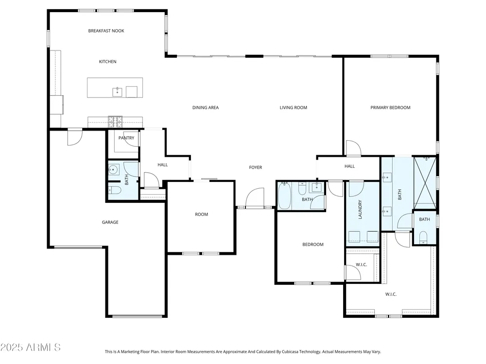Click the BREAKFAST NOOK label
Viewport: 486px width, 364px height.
[106, 31]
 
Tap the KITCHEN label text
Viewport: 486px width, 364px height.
[107, 62]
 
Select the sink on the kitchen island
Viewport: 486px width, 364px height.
[117, 92]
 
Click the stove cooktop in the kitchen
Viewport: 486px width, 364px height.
[115, 122]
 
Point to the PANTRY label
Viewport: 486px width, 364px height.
[126, 138]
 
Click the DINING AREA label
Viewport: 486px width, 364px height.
[206, 108]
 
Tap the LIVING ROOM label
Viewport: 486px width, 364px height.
[293, 108]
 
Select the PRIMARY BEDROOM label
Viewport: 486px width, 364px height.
[390, 108]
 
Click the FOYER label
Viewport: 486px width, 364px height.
[256, 167]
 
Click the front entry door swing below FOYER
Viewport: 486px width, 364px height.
[255, 198]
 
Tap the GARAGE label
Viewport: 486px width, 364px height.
[110, 222]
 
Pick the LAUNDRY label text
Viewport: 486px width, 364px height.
[360, 210]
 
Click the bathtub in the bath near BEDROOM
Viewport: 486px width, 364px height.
[284, 196]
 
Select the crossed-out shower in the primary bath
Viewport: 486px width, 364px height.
[425, 182]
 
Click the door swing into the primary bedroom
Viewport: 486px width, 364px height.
[353, 148]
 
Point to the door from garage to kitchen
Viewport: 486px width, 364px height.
[75, 137]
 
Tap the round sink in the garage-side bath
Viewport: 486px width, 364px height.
[113, 169]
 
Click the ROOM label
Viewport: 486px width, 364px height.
[202, 214]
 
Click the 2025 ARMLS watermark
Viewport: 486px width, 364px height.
[30, 347]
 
